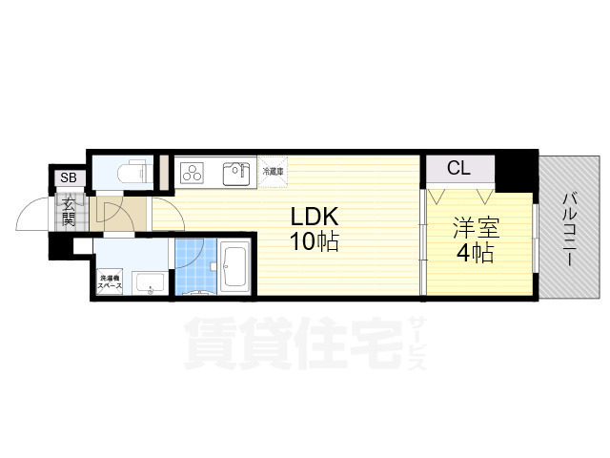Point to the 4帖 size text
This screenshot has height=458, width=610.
[474, 254]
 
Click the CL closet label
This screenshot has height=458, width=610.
[458, 169]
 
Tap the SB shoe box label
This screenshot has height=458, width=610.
[69, 177]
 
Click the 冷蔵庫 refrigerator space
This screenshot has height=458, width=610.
[273, 171]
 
